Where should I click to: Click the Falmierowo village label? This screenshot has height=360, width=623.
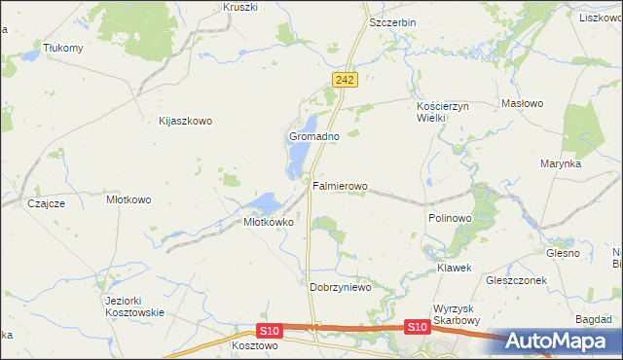coord(340,185)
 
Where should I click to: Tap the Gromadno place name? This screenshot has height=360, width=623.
coord(313,137)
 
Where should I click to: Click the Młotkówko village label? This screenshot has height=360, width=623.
coord(268,222)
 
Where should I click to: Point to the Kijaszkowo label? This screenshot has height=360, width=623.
coord(185,122)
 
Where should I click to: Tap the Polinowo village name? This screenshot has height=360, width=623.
coord(449,219)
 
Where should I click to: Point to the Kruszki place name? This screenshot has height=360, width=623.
coord(239,7)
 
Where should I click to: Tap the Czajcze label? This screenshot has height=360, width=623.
coord(46,203)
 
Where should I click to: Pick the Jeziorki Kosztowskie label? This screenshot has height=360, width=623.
coord(134,306)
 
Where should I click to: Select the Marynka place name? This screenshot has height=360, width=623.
coord(561,164)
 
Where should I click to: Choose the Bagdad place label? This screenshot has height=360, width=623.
coord(593,319)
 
